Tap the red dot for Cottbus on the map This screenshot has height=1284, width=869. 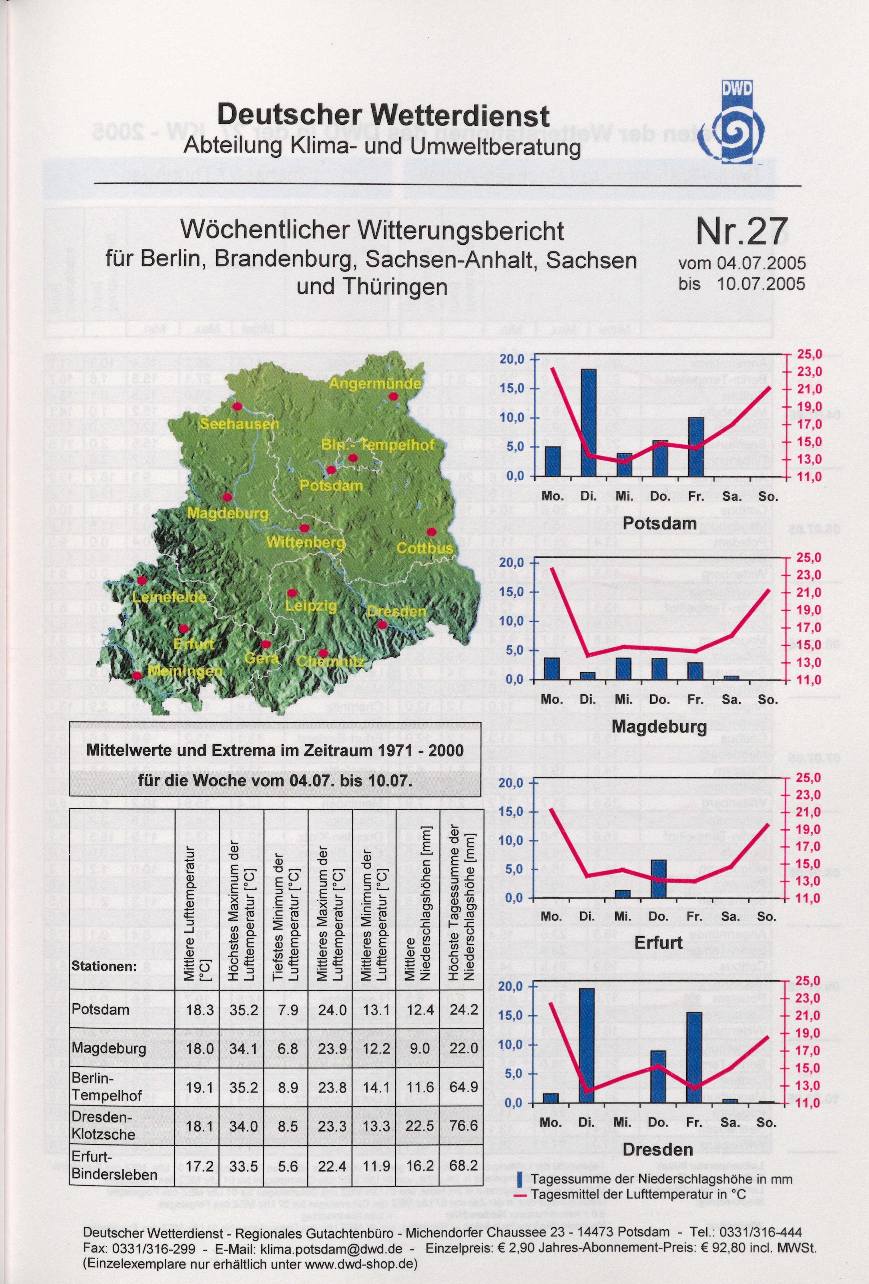pos(431,532)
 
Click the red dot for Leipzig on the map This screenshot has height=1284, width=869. pos(292,593)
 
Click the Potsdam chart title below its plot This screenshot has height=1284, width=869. pos(660,523)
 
